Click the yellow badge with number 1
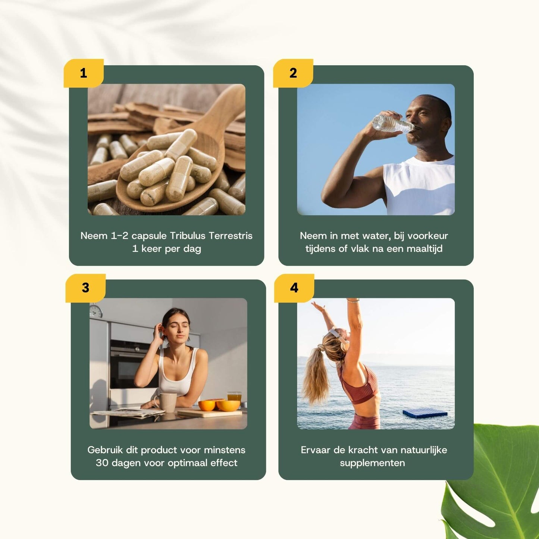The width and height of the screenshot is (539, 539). (x=84, y=73)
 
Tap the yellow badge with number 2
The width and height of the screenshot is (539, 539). (x=293, y=73)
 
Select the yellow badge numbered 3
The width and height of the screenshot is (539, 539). (x=85, y=288)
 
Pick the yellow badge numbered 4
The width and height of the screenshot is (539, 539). (x=294, y=288)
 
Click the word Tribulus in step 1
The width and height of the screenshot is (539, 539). (x=188, y=236)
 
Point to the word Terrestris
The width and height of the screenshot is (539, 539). (x=231, y=236)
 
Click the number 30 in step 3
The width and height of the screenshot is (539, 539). (x=102, y=463)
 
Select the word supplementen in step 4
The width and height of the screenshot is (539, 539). (x=372, y=463)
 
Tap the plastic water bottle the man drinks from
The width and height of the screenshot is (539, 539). (x=392, y=123)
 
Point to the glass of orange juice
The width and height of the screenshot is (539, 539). (x=234, y=397)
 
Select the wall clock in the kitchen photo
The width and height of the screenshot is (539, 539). (x=96, y=311)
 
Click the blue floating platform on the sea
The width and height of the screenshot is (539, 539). (x=425, y=413)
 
